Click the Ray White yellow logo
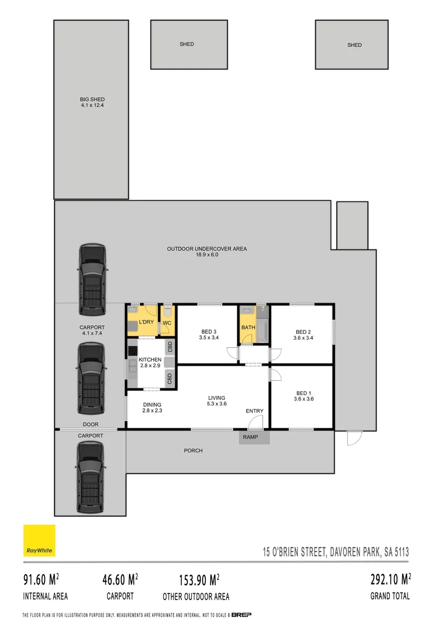point(39,541)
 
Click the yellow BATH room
point(248,328)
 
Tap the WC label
point(166,323)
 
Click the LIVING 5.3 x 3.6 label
point(217,400)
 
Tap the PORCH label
point(193,450)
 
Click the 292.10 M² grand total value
point(390,579)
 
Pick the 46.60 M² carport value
point(120,579)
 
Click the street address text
point(336,552)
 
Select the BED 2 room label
point(303,334)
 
